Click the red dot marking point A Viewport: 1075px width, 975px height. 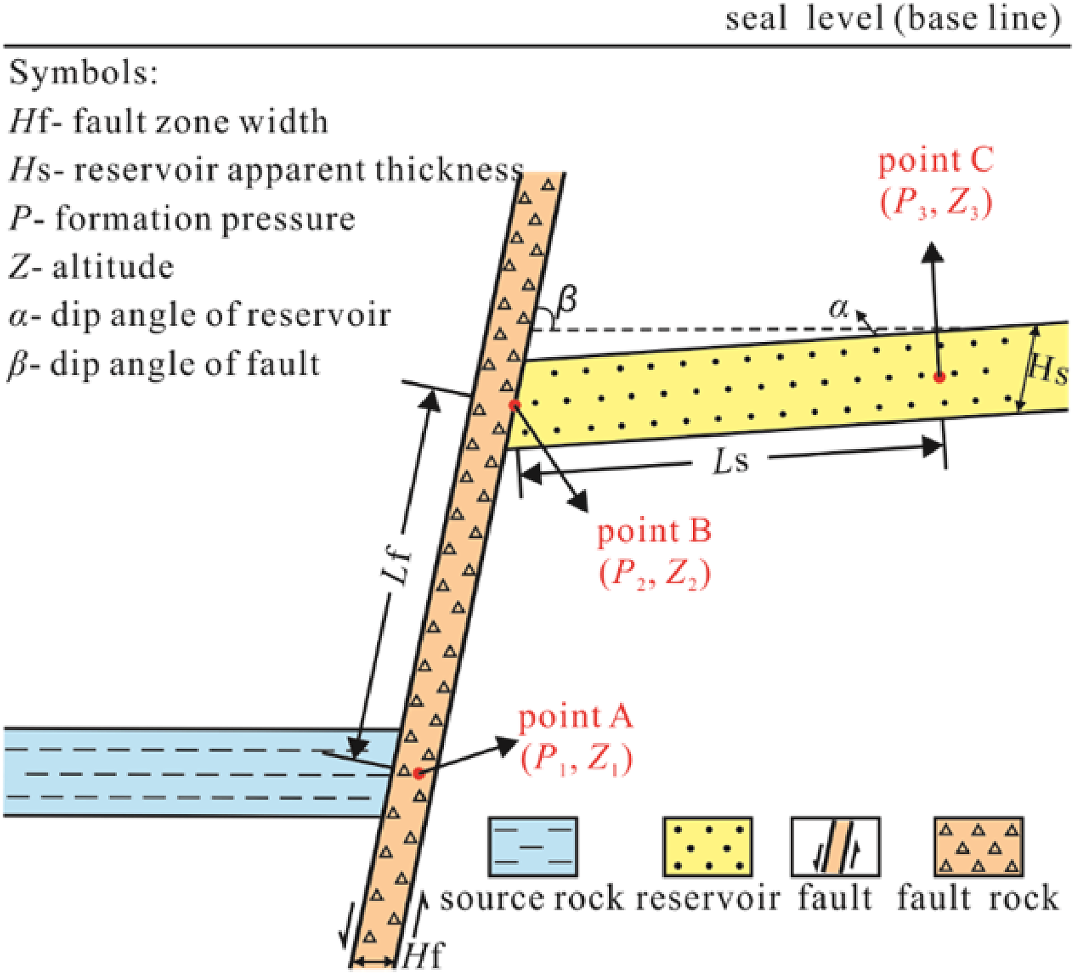coord(418,773)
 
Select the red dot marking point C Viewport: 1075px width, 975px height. coord(939,377)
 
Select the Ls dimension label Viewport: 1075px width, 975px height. coord(731,460)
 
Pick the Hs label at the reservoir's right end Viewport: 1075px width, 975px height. coord(1049,369)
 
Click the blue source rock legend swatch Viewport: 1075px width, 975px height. coord(533,847)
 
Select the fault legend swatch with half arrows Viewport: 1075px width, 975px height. coord(835,847)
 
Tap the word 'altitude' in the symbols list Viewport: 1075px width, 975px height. coord(113,267)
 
